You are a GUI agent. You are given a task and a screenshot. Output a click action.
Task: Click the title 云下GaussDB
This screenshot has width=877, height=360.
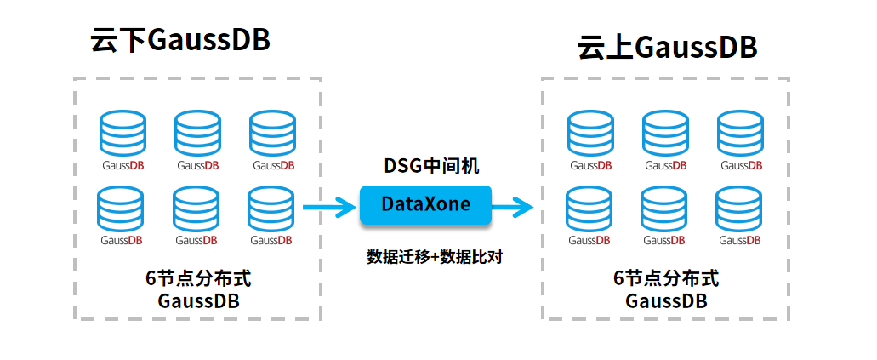point(179,41)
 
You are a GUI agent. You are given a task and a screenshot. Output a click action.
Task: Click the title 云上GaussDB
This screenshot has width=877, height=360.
point(667,48)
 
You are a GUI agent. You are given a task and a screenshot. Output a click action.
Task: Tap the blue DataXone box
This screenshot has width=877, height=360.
point(425,205)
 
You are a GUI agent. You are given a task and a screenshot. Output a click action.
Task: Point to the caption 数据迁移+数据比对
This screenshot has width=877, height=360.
point(435,256)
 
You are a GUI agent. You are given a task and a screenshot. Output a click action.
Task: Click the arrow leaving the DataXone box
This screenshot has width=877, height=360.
point(513,206)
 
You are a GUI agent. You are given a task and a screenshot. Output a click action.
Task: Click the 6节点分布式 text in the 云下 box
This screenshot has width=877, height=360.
point(198,278)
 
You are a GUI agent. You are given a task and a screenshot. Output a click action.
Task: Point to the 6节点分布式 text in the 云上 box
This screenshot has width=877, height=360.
point(666,278)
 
